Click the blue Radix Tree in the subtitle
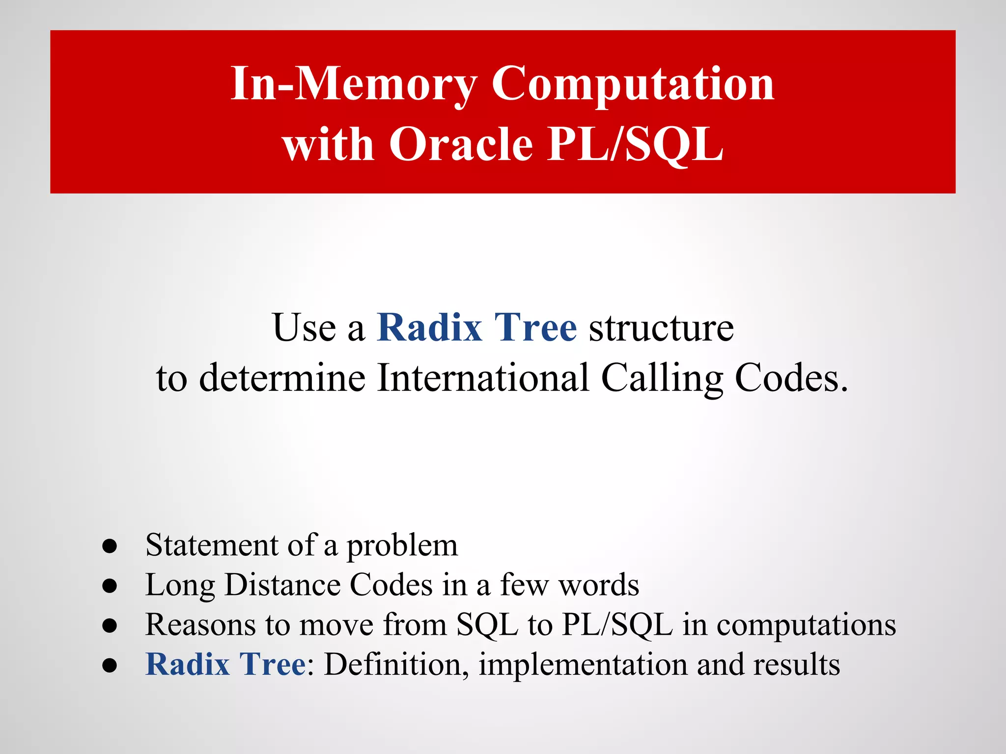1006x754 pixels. point(476,328)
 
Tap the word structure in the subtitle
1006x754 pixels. point(661,328)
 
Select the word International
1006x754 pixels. point(483,378)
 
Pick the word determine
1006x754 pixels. point(282,378)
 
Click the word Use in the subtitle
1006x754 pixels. point(304,328)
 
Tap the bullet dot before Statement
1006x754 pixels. point(110,546)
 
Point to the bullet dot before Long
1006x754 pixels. point(110,586)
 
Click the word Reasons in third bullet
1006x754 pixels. point(200,625)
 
